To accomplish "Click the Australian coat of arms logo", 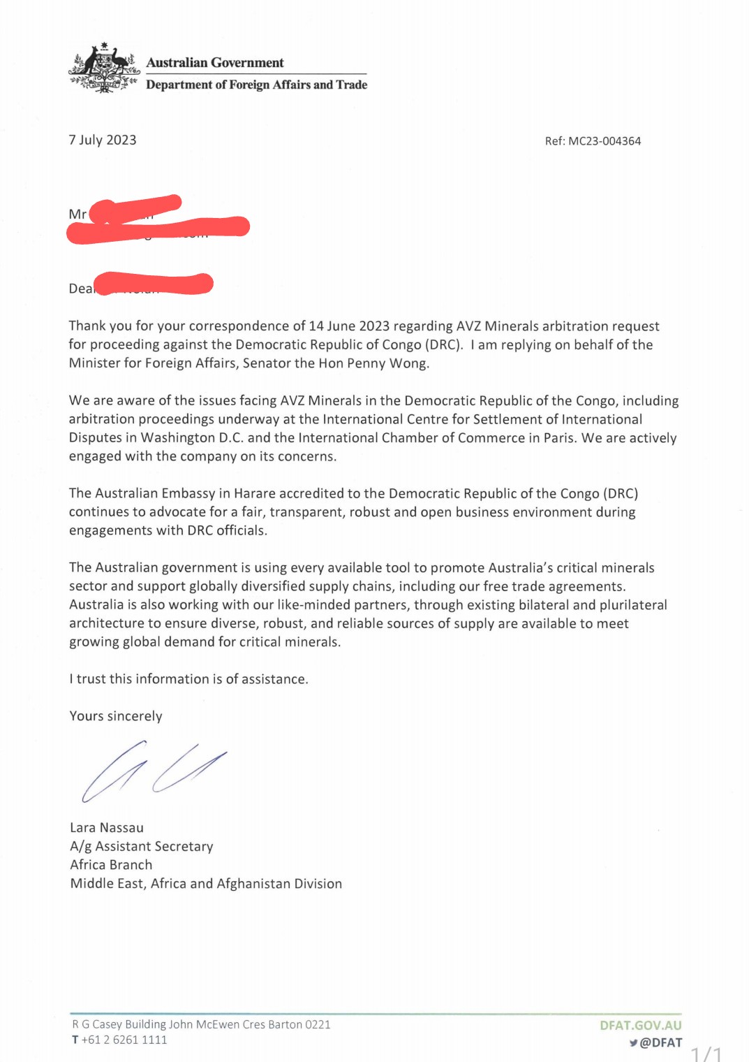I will [104, 68].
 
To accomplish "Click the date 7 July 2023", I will [103, 140].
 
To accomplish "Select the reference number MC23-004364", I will [605, 141].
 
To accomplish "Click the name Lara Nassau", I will [107, 828].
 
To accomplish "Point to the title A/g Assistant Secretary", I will [142, 847].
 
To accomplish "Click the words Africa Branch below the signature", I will [111, 865].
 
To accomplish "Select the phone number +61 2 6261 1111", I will [124, 1040].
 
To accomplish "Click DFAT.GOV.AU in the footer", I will [640, 1026].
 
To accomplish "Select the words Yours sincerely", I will [116, 716].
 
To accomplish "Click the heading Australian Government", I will [215, 63].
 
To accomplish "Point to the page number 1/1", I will [706, 1053].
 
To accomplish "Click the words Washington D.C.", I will [192, 438].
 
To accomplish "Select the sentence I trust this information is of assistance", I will [188, 679].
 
